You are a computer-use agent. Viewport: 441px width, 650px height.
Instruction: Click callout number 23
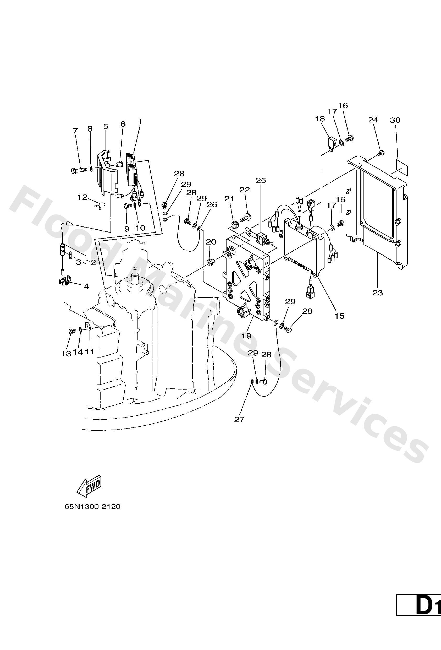point(377,293)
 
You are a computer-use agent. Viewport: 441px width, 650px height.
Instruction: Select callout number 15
point(340,316)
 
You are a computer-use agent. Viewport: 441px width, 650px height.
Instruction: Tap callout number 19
point(246,336)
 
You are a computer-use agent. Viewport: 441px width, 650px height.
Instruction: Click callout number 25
point(261,180)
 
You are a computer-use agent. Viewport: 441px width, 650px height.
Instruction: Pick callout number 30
point(395,120)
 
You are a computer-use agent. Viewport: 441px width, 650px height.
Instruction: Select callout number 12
point(82,197)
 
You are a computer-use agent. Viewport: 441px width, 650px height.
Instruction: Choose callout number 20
point(211,242)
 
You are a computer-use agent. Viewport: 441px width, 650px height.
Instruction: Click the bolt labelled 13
point(72,332)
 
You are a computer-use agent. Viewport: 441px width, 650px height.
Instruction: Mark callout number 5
point(106,126)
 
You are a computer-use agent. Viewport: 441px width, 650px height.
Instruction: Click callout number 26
point(212,204)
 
